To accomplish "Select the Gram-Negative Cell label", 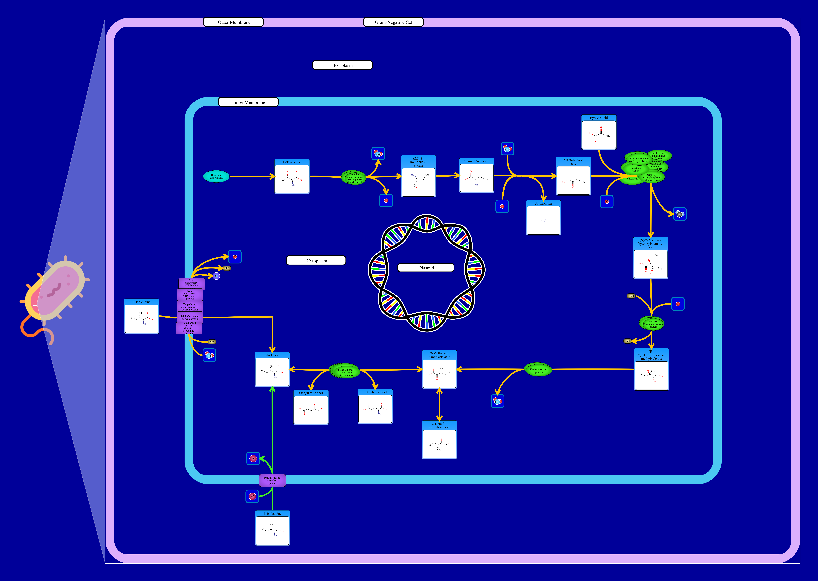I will coord(393,22).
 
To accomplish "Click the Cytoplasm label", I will coord(316,261).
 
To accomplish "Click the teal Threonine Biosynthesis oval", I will coord(216,176).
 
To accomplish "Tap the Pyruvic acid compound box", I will coord(599,132).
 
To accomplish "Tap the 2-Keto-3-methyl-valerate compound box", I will coord(439,440).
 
